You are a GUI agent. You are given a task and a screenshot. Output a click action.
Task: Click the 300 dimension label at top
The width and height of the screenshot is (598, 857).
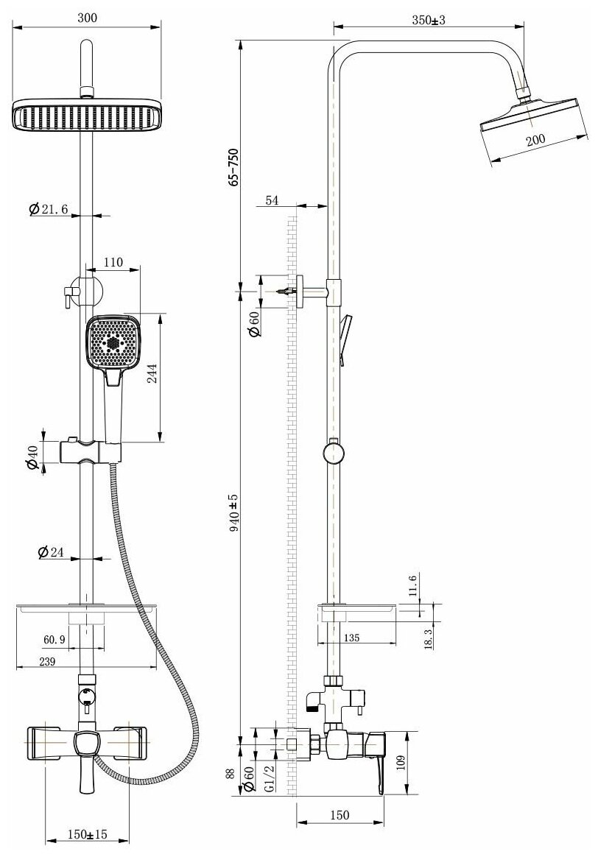88,18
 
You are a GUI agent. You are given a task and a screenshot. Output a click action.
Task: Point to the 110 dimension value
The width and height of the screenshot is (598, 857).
113,262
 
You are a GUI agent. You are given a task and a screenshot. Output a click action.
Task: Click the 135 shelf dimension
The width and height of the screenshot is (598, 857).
351,638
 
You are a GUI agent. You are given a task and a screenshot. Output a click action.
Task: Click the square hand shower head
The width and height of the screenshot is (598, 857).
113,342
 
